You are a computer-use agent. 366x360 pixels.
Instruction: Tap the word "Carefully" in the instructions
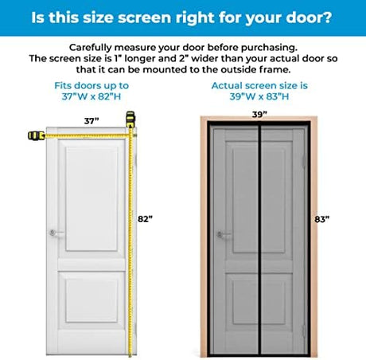pos(91,48)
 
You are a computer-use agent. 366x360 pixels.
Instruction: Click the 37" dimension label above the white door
pos(91,121)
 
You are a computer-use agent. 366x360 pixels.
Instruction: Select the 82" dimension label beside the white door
pos(145,219)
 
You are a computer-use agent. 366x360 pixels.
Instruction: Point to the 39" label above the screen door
pos(259,115)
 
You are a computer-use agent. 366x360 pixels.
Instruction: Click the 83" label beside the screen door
pos(322,219)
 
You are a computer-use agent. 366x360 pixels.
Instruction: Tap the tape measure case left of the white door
pos(37,135)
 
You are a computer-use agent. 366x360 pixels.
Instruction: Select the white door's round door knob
pos(53,233)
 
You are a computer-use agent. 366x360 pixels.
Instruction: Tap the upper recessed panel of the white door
pos(91,198)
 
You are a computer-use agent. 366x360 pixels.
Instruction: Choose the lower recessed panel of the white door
pos(91,300)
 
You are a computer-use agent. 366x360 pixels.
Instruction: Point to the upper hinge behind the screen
pos(304,160)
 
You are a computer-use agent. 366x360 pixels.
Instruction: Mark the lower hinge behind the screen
pos(304,331)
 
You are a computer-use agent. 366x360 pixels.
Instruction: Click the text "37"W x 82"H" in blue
pos(91,96)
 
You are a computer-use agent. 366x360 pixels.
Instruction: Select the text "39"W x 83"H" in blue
pos(259,96)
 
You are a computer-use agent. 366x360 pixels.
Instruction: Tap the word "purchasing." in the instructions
pos(269,48)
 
